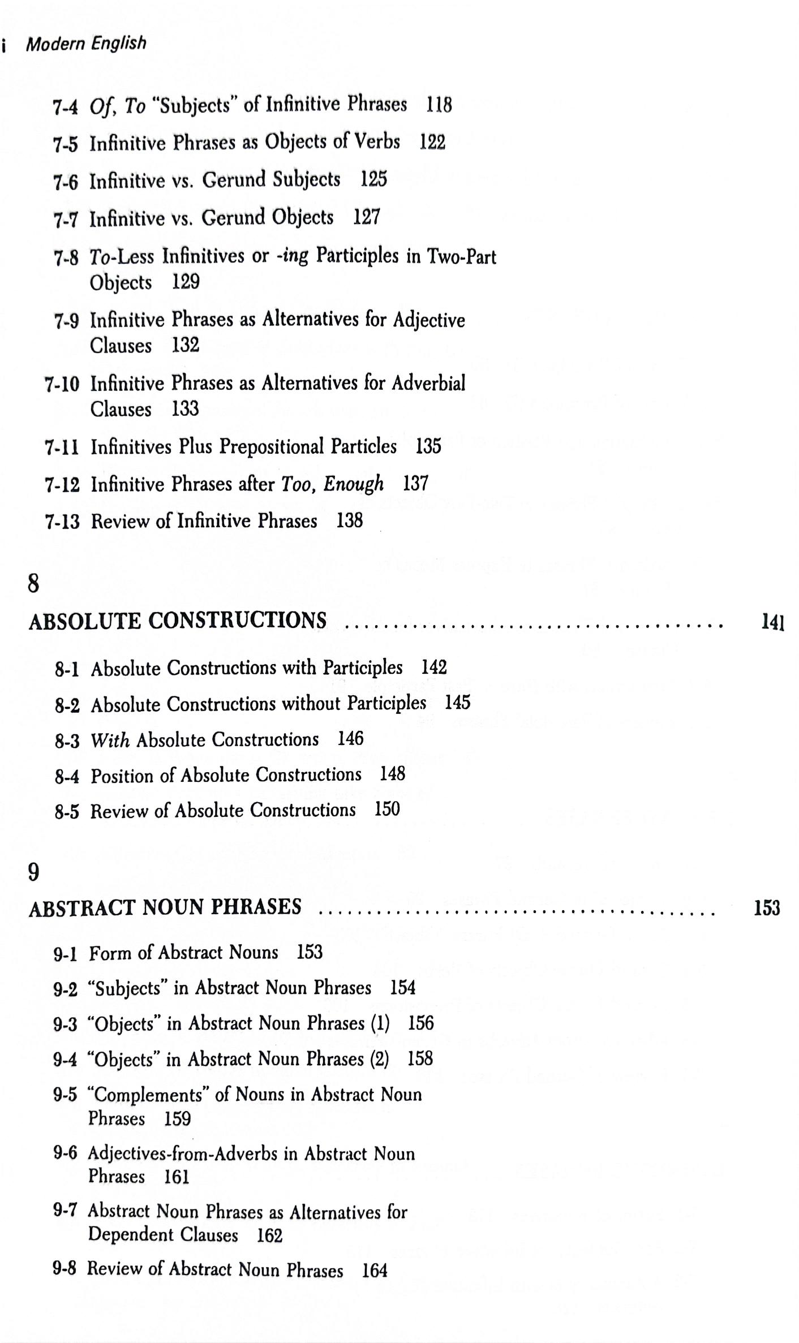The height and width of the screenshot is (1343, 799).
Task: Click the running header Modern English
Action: pyautogui.click(x=86, y=44)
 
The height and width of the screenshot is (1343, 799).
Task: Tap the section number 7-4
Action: pyautogui.click(x=65, y=107)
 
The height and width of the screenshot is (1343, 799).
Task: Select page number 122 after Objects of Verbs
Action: pyautogui.click(x=432, y=142)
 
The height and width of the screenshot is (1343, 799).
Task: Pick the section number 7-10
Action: pyautogui.click(x=62, y=385)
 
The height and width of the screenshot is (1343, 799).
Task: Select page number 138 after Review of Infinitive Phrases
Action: pyautogui.click(x=349, y=521)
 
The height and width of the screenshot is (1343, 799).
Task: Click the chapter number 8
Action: pyautogui.click(x=33, y=583)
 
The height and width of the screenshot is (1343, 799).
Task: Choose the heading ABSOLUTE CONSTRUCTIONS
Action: pyautogui.click(x=177, y=621)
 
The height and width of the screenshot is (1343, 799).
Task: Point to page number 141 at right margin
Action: pyautogui.click(x=772, y=623)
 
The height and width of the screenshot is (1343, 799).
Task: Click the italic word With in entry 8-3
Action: pyautogui.click(x=110, y=741)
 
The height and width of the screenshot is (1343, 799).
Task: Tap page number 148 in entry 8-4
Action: pyautogui.click(x=392, y=774)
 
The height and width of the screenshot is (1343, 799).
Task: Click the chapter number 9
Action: pyautogui.click(x=33, y=872)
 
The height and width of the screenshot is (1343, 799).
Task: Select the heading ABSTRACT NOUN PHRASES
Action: pyautogui.click(x=165, y=908)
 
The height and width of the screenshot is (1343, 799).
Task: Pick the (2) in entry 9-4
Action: pyautogui.click(x=379, y=1059)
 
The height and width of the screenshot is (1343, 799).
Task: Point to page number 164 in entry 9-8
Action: pyautogui.click(x=375, y=1271)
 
